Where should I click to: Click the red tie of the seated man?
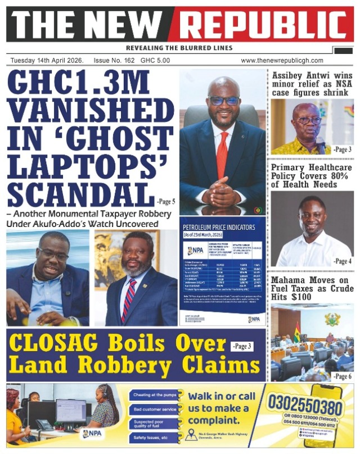point(222,154)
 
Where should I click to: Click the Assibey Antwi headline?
point(312,83)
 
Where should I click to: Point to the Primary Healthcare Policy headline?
point(312,176)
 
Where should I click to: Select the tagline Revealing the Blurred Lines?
point(179,48)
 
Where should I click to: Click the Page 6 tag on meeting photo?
point(341,376)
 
